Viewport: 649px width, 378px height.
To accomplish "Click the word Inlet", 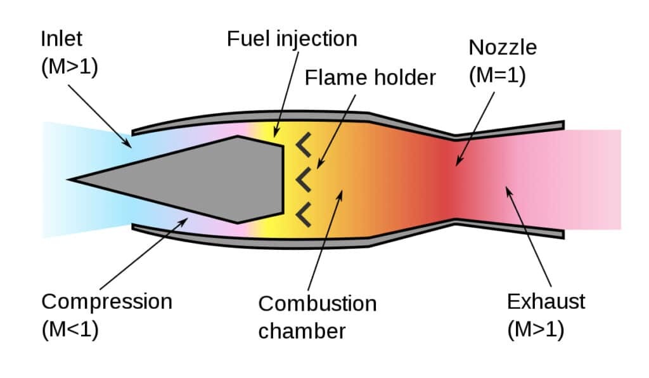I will pos(63,39).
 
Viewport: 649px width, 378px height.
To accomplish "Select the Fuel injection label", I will pos(292,39).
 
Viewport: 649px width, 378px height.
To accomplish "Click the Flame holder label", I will pos(370,77).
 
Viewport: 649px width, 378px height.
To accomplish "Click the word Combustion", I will pos(317,303).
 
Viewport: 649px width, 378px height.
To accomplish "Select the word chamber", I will pos(302,330).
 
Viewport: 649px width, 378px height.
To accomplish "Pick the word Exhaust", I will pos(546,301).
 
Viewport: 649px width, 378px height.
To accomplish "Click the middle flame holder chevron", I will pos(304,180).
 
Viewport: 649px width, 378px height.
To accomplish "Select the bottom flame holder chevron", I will pos(304,214).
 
